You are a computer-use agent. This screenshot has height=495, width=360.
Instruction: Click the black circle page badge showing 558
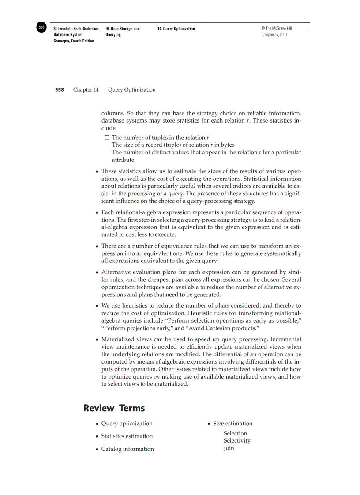41,27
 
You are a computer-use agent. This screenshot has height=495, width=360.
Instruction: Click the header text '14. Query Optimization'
176,29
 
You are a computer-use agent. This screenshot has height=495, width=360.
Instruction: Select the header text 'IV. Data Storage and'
123,29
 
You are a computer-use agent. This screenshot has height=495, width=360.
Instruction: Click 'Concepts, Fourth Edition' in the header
74,41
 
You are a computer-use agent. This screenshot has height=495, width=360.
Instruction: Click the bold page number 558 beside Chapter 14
59,90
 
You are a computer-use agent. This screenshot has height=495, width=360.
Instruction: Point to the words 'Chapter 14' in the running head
86,90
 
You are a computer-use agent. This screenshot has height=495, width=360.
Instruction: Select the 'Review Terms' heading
114,408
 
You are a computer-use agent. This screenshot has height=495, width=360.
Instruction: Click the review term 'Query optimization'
127,424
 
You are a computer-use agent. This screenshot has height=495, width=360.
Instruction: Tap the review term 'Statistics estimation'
127,436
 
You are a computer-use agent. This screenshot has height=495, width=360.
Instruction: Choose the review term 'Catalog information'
127,449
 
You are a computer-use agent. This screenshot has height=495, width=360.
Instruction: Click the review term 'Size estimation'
232,424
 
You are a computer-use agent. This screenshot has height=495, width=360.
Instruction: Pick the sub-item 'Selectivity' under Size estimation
236,441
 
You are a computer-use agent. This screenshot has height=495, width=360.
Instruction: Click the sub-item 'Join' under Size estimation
229,448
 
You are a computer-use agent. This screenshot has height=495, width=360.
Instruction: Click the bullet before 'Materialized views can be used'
97,340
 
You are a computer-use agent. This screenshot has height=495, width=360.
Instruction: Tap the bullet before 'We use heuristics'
97,306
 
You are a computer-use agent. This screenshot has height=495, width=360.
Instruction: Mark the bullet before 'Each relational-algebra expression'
97,212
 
